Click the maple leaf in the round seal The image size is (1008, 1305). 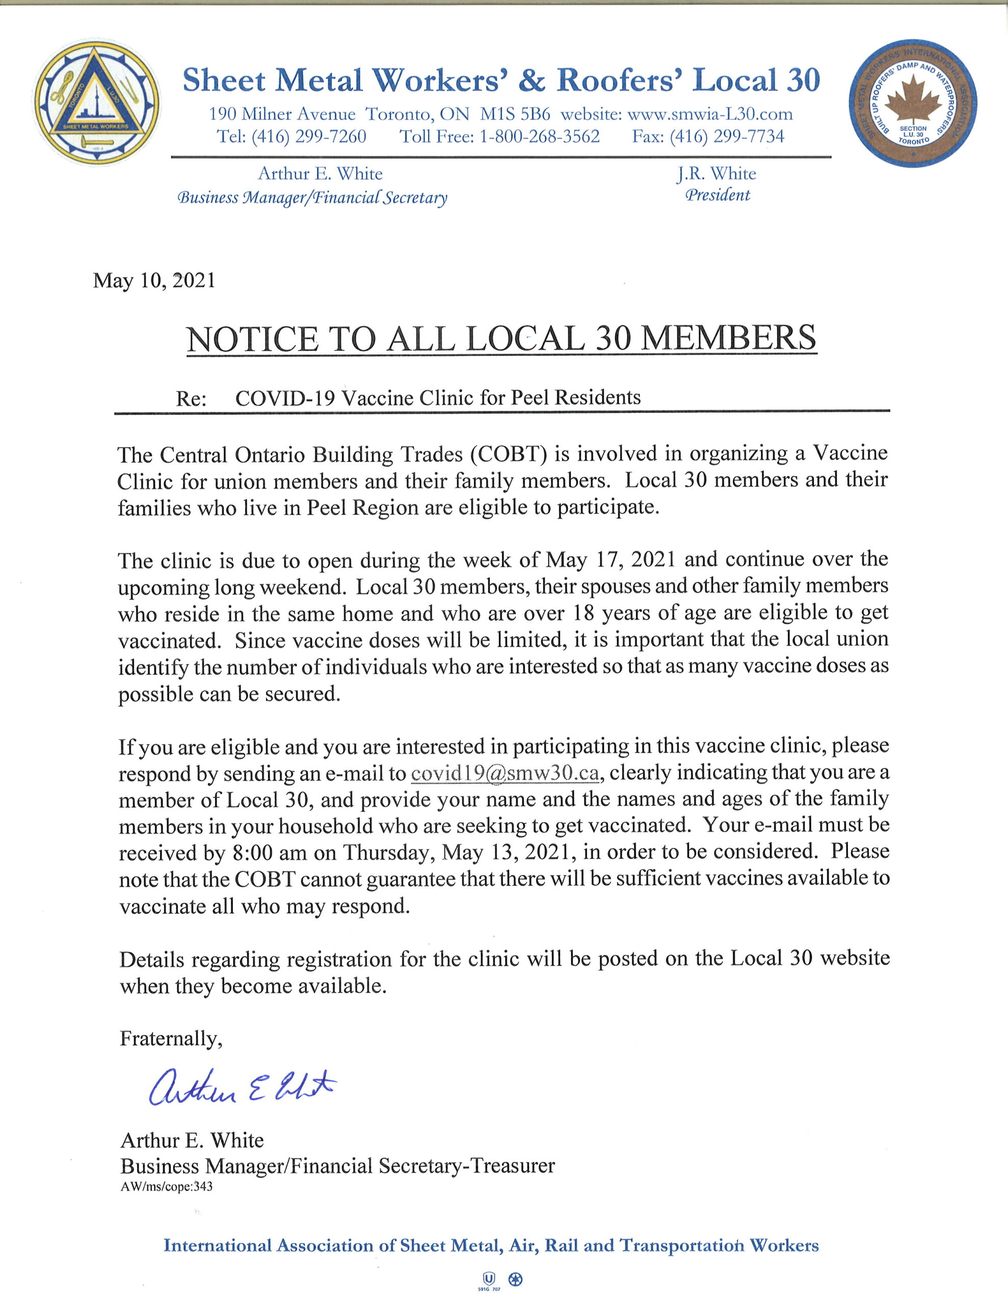[x=912, y=98]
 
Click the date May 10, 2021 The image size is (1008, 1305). [x=154, y=280]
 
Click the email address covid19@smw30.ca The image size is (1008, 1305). [x=505, y=773]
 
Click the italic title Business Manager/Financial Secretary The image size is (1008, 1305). [x=312, y=198]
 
